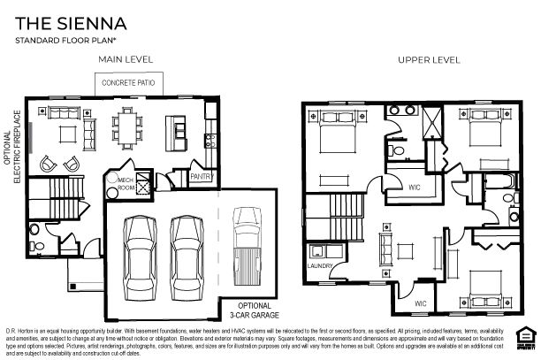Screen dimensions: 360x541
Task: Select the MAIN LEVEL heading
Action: point(126,59)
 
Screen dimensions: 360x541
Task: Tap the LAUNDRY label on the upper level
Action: point(318,264)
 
